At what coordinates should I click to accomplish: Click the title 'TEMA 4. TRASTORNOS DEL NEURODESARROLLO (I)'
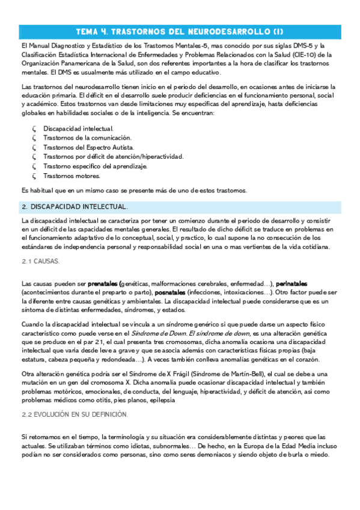(x=180, y=31)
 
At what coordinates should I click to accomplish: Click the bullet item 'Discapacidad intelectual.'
(x=78, y=129)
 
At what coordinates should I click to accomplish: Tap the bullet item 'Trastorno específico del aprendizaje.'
(x=96, y=166)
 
